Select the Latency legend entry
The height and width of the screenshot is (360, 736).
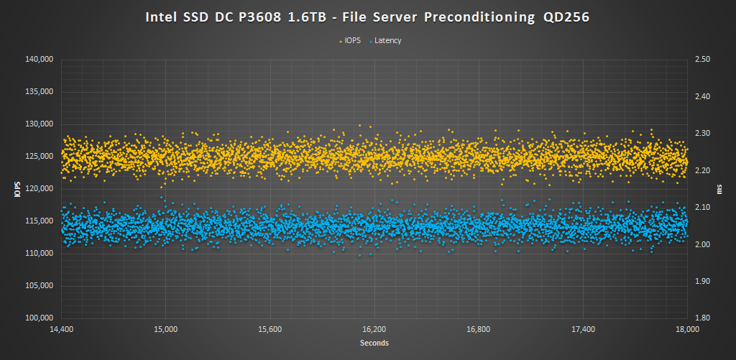pos(387,41)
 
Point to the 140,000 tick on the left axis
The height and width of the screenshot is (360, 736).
pos(40,60)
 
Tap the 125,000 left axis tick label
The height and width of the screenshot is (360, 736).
pos(40,157)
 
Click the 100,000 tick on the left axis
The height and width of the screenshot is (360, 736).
pos(40,318)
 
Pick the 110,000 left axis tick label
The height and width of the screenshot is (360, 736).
pos(40,254)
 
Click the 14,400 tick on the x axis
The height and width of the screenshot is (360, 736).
pos(62,330)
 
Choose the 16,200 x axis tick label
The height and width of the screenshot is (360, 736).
pos(374,330)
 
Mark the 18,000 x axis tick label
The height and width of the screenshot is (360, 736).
pos(688,330)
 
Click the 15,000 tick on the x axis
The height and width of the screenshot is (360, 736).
pos(166,330)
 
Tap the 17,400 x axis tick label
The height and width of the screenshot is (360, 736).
pos(584,330)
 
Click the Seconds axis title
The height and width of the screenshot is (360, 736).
pos(374,343)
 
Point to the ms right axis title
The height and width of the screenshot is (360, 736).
pos(719,189)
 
